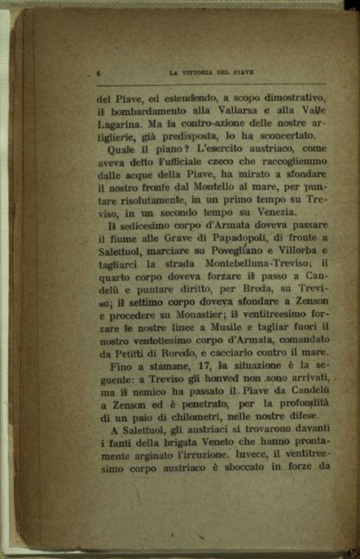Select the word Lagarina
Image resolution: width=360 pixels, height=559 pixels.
[119, 124]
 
